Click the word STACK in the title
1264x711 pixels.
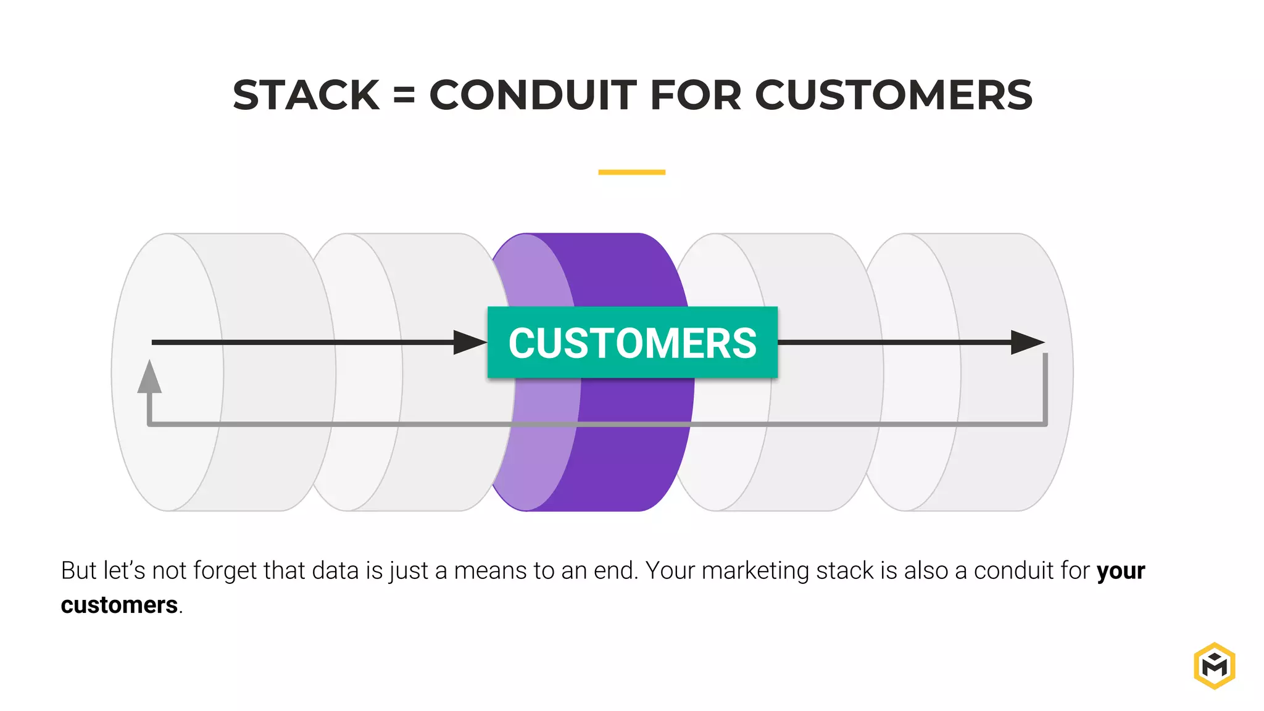pos(306,96)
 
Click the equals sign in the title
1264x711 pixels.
pos(404,96)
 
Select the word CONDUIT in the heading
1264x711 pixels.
pos(533,96)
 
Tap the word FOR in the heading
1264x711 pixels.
pos(695,96)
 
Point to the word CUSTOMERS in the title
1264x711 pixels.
pos(894,96)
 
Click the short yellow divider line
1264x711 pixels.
pos(631,172)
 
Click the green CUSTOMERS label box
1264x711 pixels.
pos(632,343)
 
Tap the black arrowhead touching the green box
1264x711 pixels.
pos(469,343)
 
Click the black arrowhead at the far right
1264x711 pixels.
pos(1026,343)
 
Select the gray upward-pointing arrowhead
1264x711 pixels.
pos(149,378)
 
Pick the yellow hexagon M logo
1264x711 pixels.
pos(1214,665)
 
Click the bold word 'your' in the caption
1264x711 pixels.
pos(1121,571)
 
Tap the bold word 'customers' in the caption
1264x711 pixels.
pos(119,605)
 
